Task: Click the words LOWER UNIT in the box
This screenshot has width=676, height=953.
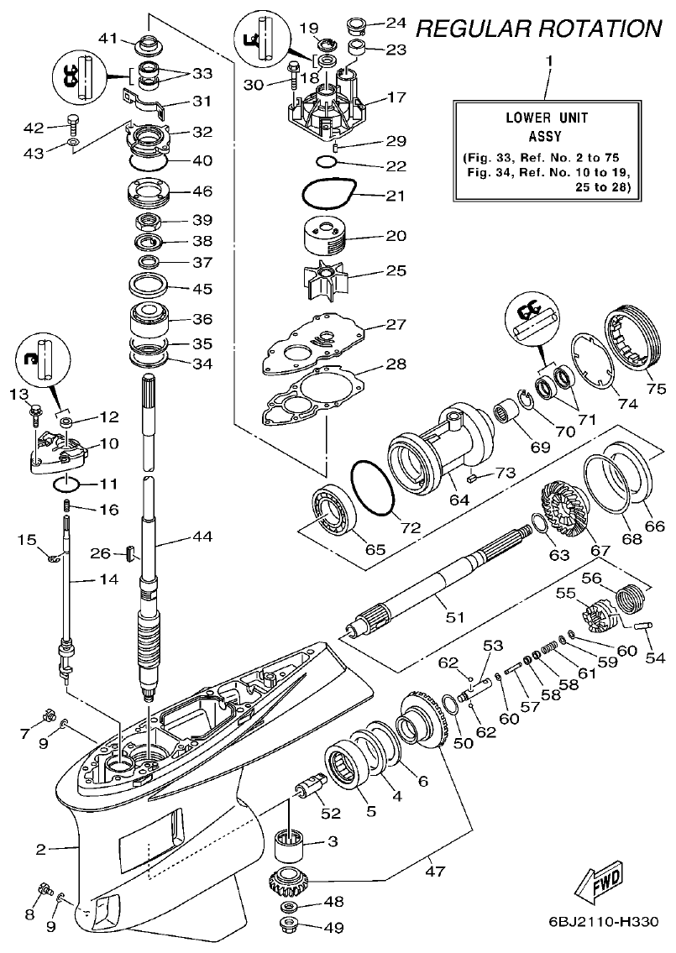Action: [x=546, y=118]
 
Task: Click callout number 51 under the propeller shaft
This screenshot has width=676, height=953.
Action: [x=453, y=617]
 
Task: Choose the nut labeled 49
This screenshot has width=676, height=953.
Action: [x=291, y=928]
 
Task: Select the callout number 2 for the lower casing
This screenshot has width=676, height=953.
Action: [x=39, y=849]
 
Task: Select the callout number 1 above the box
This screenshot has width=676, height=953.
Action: [x=549, y=61]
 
